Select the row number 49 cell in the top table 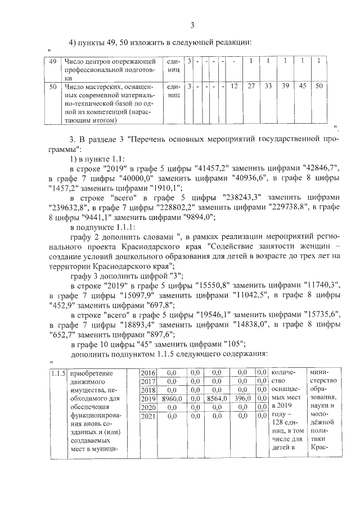pos(53,61)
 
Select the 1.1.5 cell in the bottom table pos(58,373)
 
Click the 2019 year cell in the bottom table pos(147,398)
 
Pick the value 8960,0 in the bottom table pos(170,398)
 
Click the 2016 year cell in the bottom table pos(147,373)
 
